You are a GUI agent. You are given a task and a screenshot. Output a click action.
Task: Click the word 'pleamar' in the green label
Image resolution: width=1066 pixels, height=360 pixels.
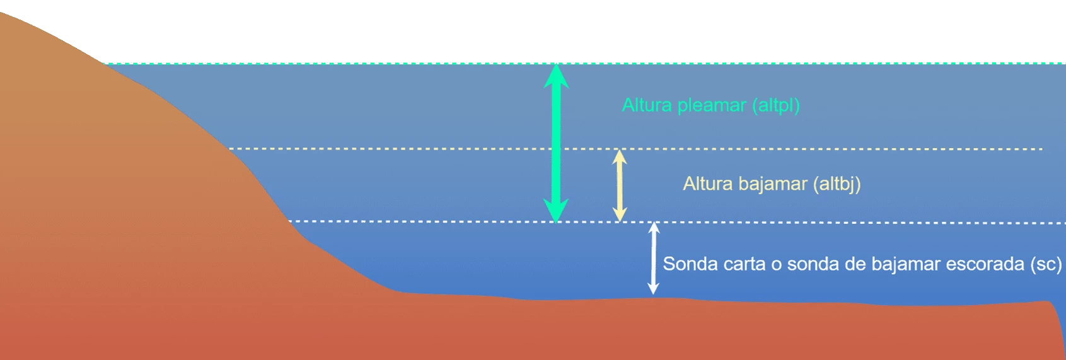(712, 106)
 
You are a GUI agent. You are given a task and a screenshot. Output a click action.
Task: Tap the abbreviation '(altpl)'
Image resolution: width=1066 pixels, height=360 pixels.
(776, 106)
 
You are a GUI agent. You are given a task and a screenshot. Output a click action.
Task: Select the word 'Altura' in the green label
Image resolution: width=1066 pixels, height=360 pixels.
(647, 105)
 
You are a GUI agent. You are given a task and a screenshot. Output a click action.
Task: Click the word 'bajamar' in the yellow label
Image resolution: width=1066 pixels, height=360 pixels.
(773, 183)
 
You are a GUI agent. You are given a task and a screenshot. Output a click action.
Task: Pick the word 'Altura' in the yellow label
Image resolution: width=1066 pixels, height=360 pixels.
(708, 183)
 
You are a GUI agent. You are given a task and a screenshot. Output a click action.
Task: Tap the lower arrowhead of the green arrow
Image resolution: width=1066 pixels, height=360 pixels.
(556, 211)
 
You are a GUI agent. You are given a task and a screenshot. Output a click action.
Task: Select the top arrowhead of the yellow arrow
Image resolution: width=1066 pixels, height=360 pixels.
(619, 156)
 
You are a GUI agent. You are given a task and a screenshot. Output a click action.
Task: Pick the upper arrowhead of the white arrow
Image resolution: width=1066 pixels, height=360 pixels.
(654, 228)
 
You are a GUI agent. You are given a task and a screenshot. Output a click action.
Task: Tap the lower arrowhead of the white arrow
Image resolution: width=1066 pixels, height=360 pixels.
(653, 288)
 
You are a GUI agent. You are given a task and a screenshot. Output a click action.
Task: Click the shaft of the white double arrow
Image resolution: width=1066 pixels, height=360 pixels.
(654, 258)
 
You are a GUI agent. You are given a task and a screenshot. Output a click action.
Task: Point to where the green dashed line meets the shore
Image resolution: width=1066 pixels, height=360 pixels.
(104, 63)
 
